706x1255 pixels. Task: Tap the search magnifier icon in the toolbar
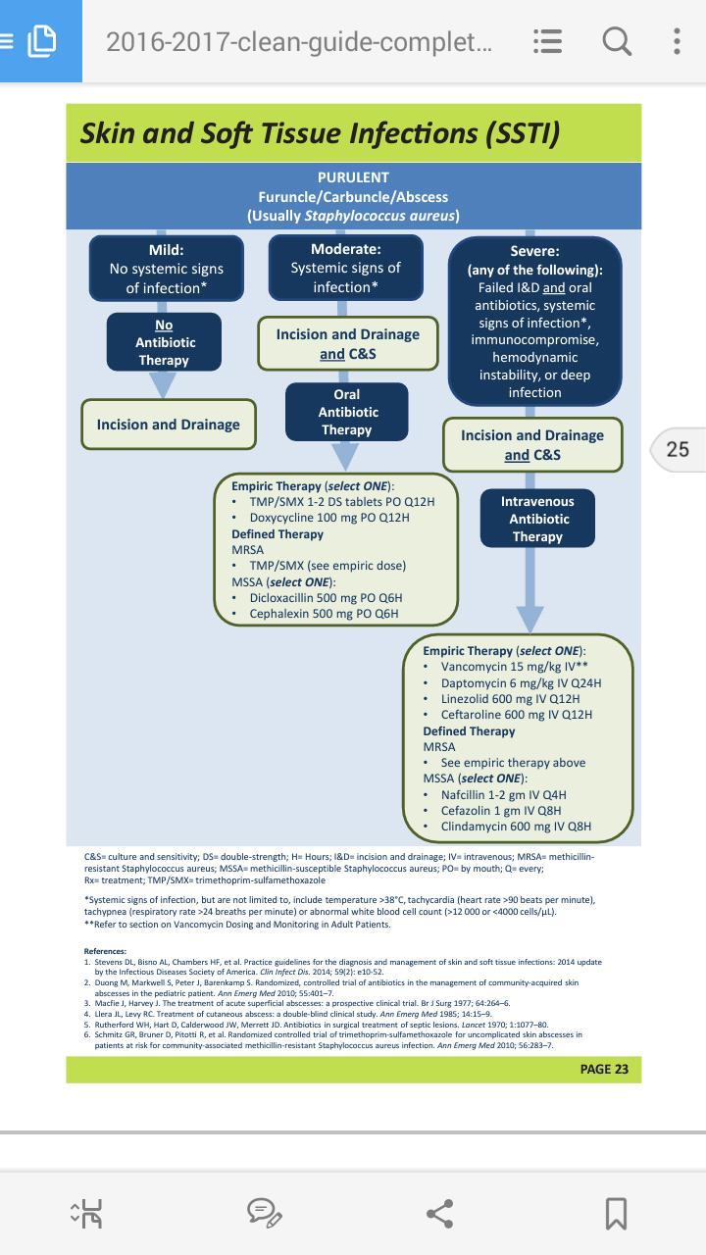point(617,41)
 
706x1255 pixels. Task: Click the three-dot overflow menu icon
point(677,41)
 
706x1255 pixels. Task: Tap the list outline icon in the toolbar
point(547,41)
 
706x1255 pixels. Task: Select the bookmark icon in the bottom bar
point(616,1214)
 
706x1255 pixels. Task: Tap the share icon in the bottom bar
point(440,1214)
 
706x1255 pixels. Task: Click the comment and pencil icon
point(265,1214)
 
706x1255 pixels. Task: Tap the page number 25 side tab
point(678,449)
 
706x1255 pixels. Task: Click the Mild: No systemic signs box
point(167,269)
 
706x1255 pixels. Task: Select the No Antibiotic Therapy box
point(164,342)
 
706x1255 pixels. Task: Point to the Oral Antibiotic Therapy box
point(347,412)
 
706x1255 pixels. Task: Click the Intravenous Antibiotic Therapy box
point(537,519)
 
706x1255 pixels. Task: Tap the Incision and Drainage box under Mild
point(168,425)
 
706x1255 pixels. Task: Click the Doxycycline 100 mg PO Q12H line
point(329,518)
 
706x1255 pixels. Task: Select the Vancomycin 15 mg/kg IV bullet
point(514,667)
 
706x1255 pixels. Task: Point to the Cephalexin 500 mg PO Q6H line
point(324,614)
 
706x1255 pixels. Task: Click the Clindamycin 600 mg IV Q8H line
point(516,827)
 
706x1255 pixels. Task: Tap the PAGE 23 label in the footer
point(604,1069)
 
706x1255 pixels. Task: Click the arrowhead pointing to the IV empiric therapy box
point(530,619)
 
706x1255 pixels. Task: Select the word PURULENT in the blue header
point(353,177)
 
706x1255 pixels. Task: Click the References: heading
point(105,951)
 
